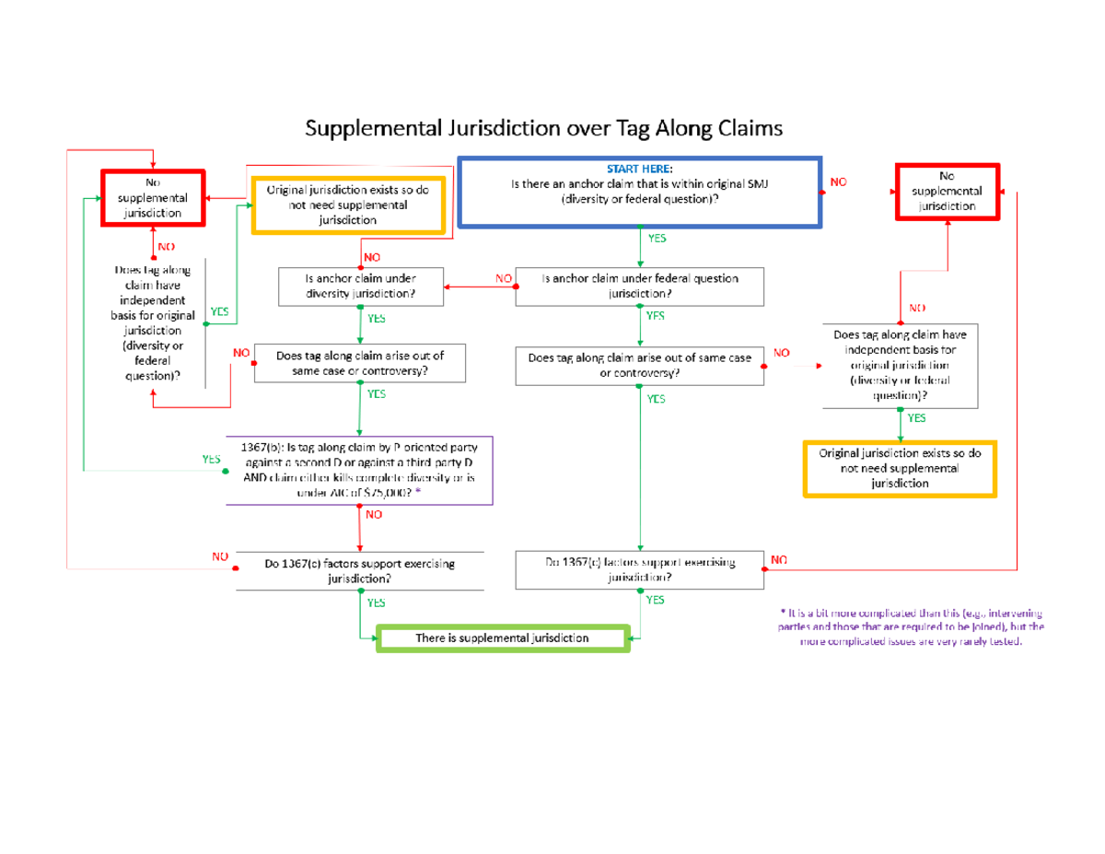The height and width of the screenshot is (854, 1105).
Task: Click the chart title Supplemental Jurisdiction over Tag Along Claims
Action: [544, 129]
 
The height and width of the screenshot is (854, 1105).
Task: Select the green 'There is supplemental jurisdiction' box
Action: [503, 638]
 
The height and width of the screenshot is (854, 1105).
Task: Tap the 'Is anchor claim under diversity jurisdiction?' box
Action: [359, 287]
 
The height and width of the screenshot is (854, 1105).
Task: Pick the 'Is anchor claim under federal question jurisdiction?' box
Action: [640, 287]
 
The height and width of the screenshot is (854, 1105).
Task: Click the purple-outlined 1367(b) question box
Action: [359, 470]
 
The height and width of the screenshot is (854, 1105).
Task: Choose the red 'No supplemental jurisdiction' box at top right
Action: [947, 191]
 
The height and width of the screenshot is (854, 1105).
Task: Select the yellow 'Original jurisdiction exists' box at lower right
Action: [900, 469]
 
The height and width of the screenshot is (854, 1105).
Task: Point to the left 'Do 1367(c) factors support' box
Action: [359, 571]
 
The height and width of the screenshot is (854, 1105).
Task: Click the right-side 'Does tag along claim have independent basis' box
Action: [900, 366]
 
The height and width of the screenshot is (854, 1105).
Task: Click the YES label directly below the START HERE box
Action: [657, 238]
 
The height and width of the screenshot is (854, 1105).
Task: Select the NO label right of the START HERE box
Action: [838, 182]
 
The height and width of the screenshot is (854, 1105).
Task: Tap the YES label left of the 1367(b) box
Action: [210, 458]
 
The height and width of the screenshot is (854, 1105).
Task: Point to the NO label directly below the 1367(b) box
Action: [373, 516]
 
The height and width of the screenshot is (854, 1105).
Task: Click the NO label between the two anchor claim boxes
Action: [503, 277]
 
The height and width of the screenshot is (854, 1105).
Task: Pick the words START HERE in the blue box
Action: [639, 170]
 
